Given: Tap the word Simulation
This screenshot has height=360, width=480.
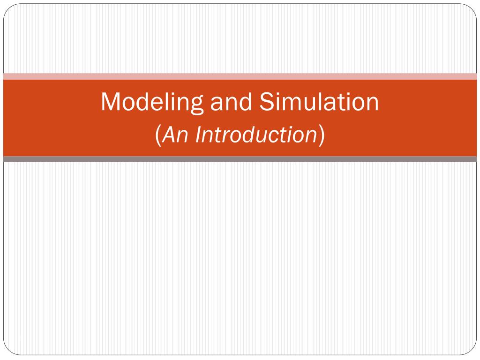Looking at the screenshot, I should [319, 102].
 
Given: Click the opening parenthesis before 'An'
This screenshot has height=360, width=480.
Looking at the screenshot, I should [158, 135].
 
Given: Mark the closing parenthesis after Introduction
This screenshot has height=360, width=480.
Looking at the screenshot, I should [322, 135].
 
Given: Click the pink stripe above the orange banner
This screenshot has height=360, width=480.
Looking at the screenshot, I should [240, 76].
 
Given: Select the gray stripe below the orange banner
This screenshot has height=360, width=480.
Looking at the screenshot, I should [240, 159].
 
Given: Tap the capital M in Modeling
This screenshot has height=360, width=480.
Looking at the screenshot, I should [110, 102].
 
